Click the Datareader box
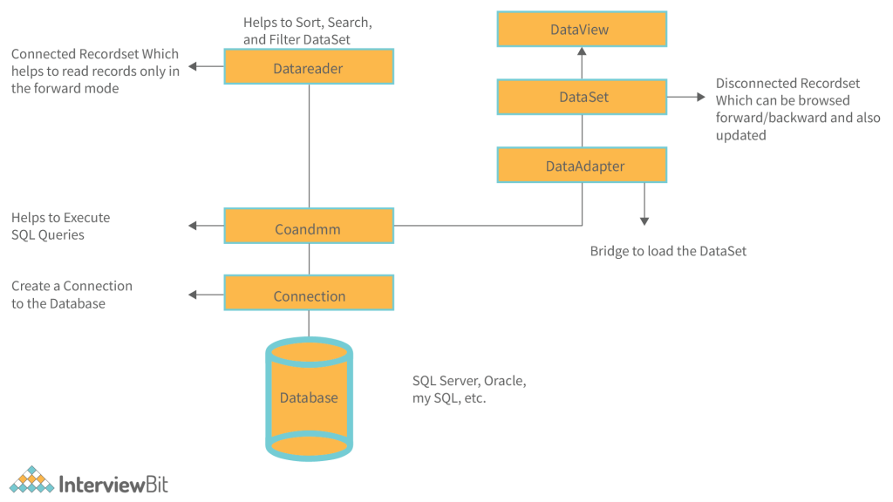pos(309,67)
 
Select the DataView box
pos(582,30)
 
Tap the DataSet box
pos(582,97)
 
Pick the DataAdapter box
pos(582,166)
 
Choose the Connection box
pos(309,295)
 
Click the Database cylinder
pos(309,397)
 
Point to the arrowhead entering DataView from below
pos(582,52)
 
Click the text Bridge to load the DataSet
pos(668,251)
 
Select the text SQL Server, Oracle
pos(469,381)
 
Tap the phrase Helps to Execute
pos(60,218)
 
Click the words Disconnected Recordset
pos(787,84)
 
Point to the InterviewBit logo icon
pos(31,481)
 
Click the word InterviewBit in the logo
pos(112,484)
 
